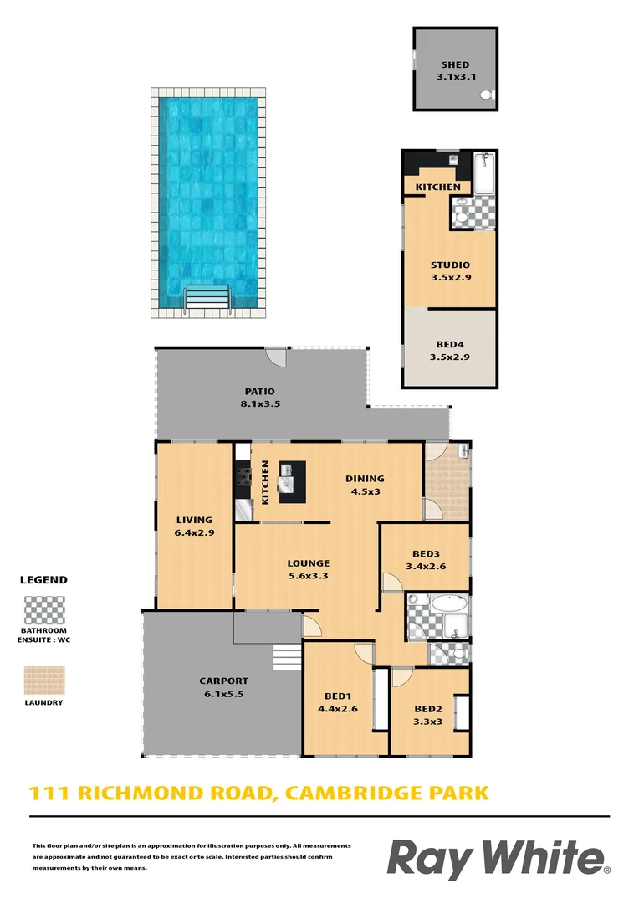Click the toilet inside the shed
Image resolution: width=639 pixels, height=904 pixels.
[x=488, y=97]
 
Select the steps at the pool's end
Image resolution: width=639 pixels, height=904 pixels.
[x=207, y=297]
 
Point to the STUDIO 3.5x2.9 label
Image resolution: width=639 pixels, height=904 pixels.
[x=450, y=271]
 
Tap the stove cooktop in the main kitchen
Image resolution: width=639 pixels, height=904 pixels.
[x=243, y=477]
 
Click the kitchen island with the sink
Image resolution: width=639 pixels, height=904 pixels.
[x=292, y=481]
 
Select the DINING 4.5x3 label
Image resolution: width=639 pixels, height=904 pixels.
[x=365, y=485]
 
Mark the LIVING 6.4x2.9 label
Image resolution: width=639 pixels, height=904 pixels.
[x=194, y=526]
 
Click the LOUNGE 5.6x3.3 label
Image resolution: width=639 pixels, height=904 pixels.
[x=308, y=569]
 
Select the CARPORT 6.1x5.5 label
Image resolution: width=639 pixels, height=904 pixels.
[x=223, y=686]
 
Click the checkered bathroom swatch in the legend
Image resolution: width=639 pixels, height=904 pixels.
[x=43, y=609]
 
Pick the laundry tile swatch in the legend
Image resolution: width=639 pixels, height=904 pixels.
[x=43, y=681]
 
